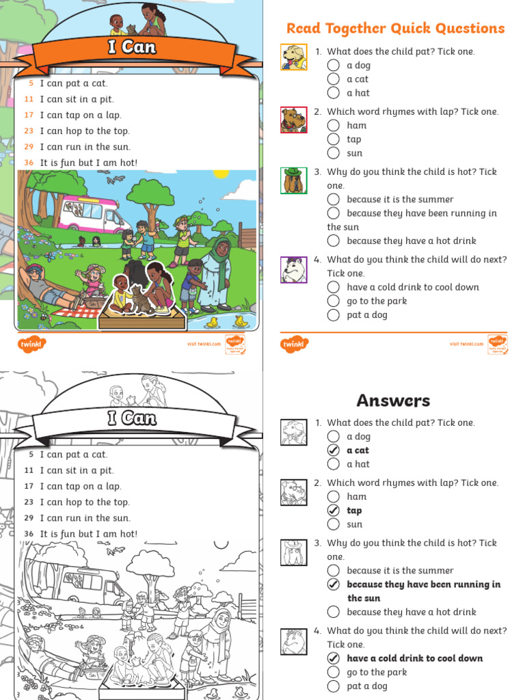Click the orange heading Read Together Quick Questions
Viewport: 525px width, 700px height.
tap(395, 28)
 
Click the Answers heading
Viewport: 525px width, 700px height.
tap(393, 400)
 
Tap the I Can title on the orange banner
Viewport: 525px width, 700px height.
tap(132, 47)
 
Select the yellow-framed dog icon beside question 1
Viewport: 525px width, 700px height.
tap(294, 57)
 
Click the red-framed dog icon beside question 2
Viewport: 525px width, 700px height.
tap(294, 120)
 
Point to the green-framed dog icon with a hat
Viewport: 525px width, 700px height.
tap(294, 180)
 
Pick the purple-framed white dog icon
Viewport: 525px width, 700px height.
tap(294, 269)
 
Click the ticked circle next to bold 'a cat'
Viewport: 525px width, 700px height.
tap(333, 450)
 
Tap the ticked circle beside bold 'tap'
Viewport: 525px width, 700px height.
tap(333, 511)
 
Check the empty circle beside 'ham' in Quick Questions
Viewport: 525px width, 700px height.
tap(333, 125)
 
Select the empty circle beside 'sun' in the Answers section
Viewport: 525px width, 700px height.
tap(333, 524)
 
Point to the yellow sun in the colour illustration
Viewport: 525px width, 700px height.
tap(220, 173)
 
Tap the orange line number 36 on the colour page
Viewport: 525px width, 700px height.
tap(28, 163)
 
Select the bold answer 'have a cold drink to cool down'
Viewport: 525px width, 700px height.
tap(414, 658)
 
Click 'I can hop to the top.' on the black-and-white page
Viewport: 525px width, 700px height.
tap(84, 502)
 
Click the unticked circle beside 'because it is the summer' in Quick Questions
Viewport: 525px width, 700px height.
tap(333, 200)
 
